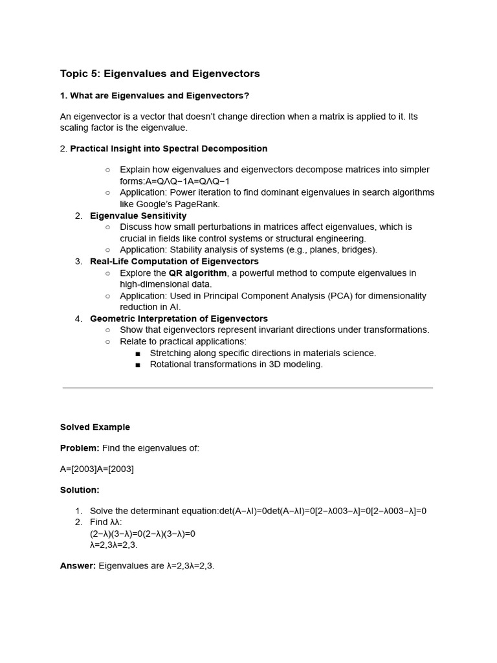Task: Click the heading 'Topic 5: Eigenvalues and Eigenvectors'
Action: tap(160, 74)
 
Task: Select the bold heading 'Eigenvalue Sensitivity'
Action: tap(138, 216)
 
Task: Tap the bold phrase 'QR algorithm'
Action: tap(197, 273)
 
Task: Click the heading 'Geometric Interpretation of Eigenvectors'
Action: tap(179, 319)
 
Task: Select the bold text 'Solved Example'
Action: tap(95, 427)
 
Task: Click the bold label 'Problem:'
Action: tap(80, 448)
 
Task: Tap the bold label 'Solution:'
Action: tap(80, 490)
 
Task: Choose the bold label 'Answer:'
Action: tap(78, 566)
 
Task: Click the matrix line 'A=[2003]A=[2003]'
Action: tap(97, 469)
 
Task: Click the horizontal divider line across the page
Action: tap(248, 388)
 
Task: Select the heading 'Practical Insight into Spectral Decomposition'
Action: tap(168, 148)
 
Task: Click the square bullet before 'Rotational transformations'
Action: tap(138, 365)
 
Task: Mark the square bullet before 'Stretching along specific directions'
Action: tap(138, 354)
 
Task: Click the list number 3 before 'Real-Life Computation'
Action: tap(78, 262)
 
